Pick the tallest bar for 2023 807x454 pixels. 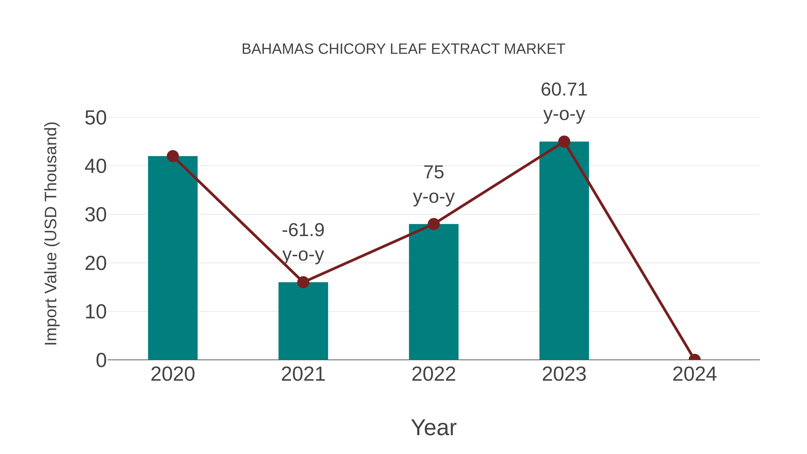(x=564, y=251)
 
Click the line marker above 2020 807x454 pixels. (x=173, y=156)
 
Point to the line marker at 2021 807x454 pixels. (x=303, y=282)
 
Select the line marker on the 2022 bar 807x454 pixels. (x=434, y=224)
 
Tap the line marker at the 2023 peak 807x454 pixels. (x=564, y=142)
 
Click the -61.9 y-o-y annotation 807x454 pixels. (x=303, y=242)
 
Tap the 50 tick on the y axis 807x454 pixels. (x=95, y=118)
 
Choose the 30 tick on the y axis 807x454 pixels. (x=95, y=215)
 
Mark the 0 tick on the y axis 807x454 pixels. (x=101, y=360)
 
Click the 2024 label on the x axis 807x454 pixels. (x=694, y=374)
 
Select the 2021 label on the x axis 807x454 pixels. (x=303, y=374)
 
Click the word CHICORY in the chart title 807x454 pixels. (x=352, y=49)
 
